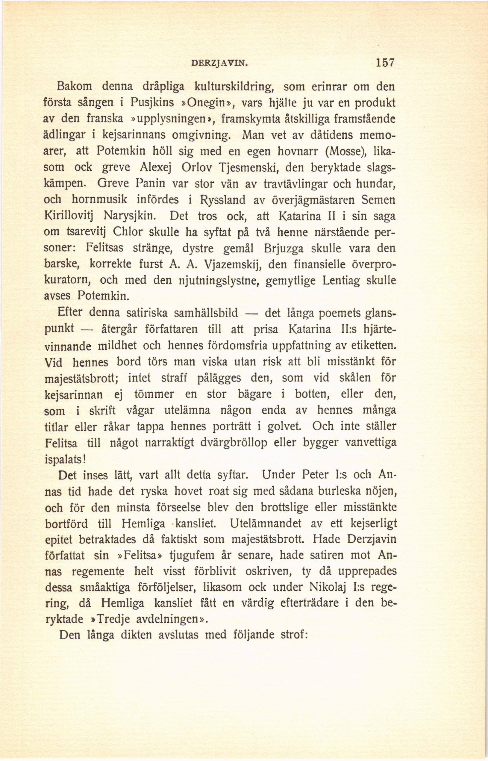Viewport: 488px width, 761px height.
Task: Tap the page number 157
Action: (385, 62)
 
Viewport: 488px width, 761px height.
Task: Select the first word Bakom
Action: (75, 86)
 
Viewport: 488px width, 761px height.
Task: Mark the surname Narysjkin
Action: (130, 216)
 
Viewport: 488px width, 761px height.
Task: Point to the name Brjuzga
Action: (284, 249)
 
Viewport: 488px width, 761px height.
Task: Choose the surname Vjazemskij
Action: (232, 265)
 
